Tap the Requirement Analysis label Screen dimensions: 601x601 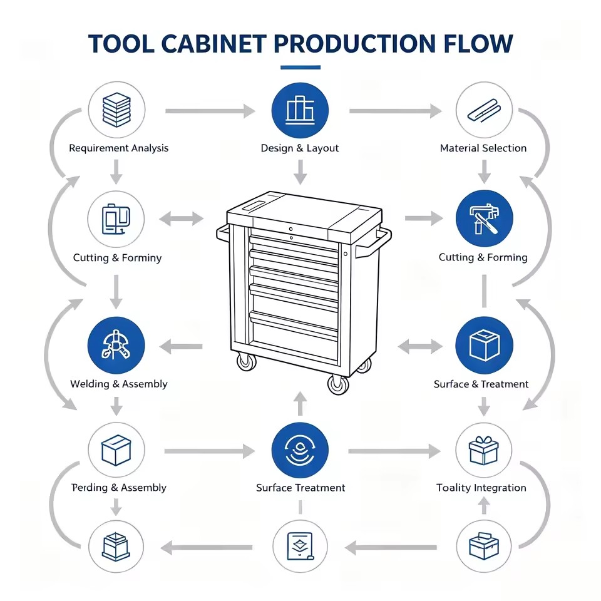(118, 148)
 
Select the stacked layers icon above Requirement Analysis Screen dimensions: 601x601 (116, 110)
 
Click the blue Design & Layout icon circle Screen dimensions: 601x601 (300, 110)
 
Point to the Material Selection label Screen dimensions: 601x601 (483, 148)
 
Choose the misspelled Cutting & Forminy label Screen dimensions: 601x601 (117, 257)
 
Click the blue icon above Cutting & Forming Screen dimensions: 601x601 (484, 218)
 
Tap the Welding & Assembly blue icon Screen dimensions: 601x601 (116, 346)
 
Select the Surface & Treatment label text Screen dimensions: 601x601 (481, 384)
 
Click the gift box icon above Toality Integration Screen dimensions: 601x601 (484, 450)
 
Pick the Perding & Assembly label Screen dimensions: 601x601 (119, 488)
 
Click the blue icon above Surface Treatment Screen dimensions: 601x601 (300, 450)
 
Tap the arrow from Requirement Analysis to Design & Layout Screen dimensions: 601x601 (210, 111)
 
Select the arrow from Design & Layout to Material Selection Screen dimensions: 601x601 (395, 111)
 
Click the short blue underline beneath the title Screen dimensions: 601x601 (300, 68)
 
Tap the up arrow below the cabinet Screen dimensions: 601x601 (300, 403)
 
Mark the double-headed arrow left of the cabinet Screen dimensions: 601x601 (182, 219)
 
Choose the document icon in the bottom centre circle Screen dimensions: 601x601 (300, 546)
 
